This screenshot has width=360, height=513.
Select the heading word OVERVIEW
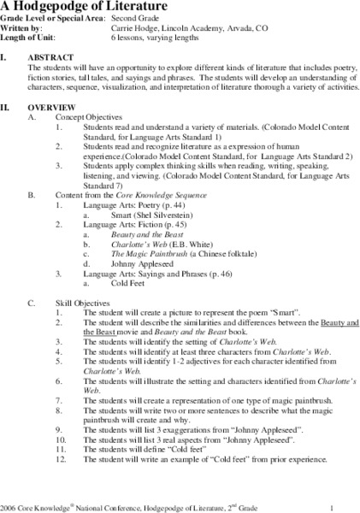[x=57, y=106]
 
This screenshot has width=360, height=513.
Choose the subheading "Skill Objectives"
[x=81, y=302]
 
